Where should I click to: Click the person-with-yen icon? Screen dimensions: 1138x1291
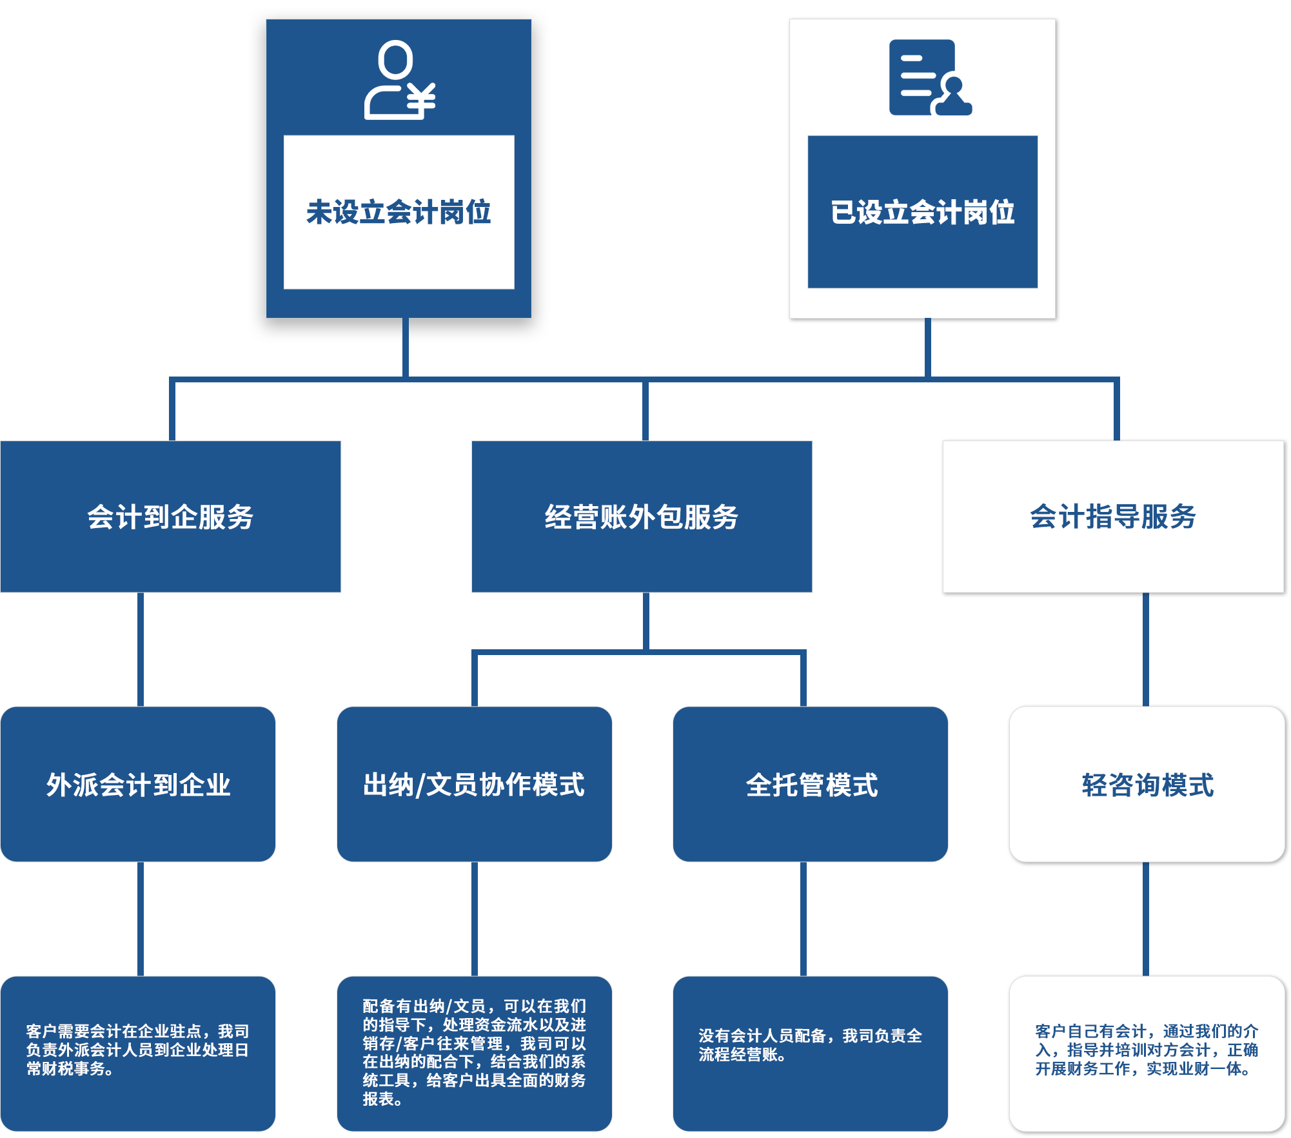pos(399,80)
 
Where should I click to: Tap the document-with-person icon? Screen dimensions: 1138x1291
pos(929,77)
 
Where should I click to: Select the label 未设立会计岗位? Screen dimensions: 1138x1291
pos(399,212)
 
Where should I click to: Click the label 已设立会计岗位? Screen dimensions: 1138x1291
pos(922,212)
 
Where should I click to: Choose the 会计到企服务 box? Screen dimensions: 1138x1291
pos(170,516)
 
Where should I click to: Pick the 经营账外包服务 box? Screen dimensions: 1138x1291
pos(642,516)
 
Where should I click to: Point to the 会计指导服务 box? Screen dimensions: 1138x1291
pos(1114,516)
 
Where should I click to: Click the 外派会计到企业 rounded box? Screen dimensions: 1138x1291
pos(138,784)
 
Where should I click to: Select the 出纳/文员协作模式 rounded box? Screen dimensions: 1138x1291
pos(474,784)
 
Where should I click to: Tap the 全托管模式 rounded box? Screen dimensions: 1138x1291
pos(811,784)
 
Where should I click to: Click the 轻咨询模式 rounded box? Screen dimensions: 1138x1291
pos(1147,784)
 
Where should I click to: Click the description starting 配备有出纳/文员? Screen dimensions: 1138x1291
pos(474,1052)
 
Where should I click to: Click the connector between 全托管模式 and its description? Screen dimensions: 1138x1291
pos(803,919)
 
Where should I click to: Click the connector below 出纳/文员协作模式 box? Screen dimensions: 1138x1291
pos(475,919)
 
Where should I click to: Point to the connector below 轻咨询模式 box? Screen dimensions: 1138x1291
pos(1146,919)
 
